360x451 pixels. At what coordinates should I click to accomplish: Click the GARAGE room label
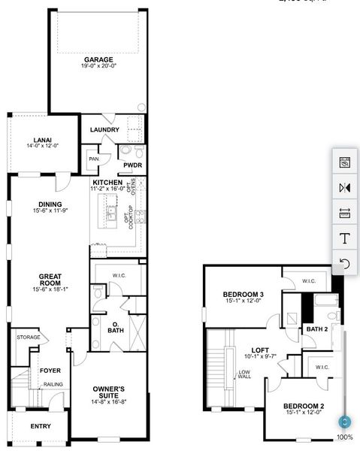(x=98, y=59)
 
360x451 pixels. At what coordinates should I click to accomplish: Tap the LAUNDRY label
(x=104, y=130)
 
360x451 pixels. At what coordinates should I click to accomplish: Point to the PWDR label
(x=133, y=165)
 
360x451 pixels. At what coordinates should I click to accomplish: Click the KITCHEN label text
(x=107, y=183)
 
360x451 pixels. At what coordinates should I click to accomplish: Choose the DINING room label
(x=50, y=204)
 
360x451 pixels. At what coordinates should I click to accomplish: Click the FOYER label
(x=50, y=370)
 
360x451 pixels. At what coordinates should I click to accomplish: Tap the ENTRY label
(x=41, y=426)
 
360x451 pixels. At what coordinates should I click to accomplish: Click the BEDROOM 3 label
(x=243, y=294)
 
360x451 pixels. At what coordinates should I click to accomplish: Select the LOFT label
(x=259, y=350)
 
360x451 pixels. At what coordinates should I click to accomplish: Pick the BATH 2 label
(x=316, y=329)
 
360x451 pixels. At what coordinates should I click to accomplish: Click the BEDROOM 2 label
(x=303, y=407)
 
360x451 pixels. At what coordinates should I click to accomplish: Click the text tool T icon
(x=345, y=238)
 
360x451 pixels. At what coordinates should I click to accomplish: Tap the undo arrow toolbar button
(x=345, y=263)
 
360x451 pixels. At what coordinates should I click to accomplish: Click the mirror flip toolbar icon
(x=345, y=187)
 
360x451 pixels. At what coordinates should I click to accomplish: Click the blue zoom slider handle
(x=344, y=422)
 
